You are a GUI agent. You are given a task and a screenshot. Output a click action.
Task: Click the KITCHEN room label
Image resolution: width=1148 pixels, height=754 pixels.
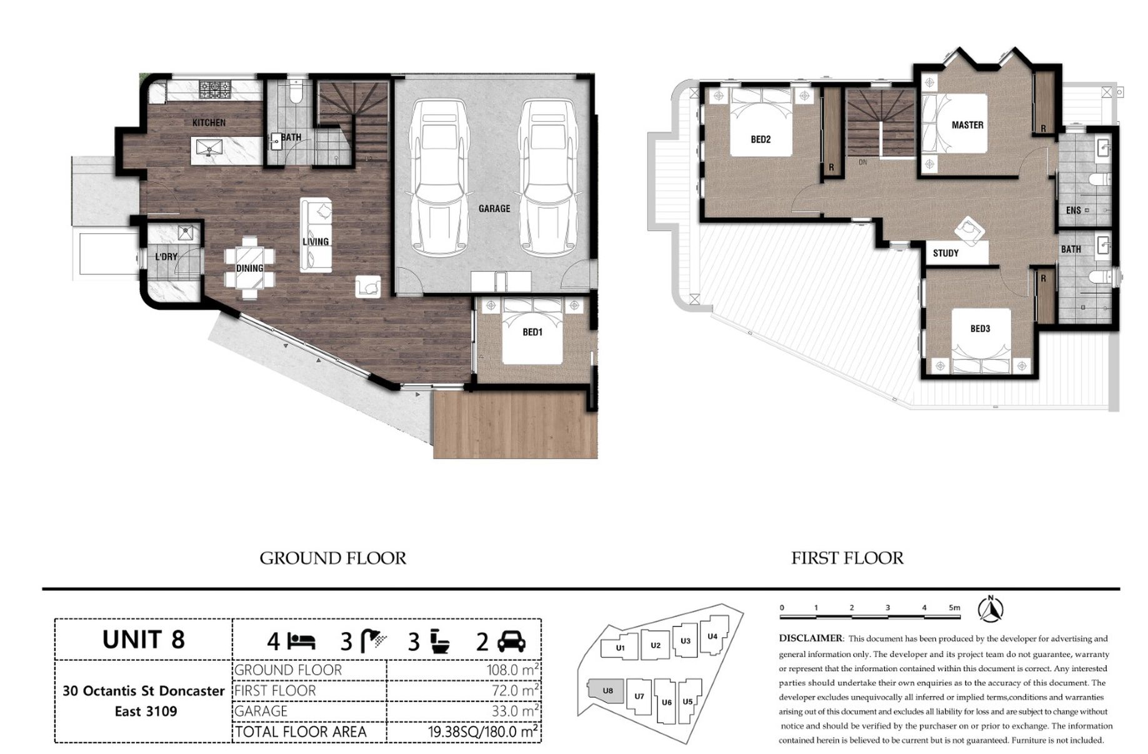[x=209, y=123]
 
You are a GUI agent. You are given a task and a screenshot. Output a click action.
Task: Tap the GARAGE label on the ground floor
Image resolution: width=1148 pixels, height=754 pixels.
[x=494, y=208]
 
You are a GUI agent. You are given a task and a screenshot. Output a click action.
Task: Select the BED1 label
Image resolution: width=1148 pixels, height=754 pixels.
[x=532, y=332]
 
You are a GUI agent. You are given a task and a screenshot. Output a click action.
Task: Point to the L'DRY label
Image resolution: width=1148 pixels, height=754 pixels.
[x=166, y=256]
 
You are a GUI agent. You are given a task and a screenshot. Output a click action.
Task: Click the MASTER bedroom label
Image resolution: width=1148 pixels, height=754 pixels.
[x=967, y=125]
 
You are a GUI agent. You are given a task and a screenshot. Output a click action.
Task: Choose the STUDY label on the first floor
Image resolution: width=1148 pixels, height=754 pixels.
[x=946, y=253]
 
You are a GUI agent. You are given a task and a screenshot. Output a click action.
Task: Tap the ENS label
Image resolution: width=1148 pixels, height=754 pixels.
[x=1073, y=210]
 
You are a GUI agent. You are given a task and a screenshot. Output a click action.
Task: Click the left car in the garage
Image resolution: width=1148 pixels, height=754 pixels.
[x=439, y=178]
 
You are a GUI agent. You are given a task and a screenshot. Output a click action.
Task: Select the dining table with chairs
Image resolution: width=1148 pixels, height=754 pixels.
[x=249, y=263]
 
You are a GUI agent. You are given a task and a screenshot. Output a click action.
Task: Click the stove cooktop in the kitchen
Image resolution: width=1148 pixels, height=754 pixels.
[x=215, y=89]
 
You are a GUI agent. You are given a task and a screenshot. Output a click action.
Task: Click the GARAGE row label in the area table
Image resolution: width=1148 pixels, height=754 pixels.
[x=261, y=711]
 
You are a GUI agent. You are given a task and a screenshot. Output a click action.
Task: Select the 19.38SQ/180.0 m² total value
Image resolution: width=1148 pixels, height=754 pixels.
[x=483, y=731]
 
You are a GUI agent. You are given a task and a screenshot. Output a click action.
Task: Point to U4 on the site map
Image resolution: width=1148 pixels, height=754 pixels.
[x=713, y=636]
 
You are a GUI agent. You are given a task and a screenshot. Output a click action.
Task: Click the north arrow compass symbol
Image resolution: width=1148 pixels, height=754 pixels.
[x=991, y=610]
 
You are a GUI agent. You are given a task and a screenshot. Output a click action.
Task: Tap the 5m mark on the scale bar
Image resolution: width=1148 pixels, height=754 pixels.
[x=954, y=607]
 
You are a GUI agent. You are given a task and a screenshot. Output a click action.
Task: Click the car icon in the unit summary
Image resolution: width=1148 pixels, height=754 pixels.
[x=511, y=642]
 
